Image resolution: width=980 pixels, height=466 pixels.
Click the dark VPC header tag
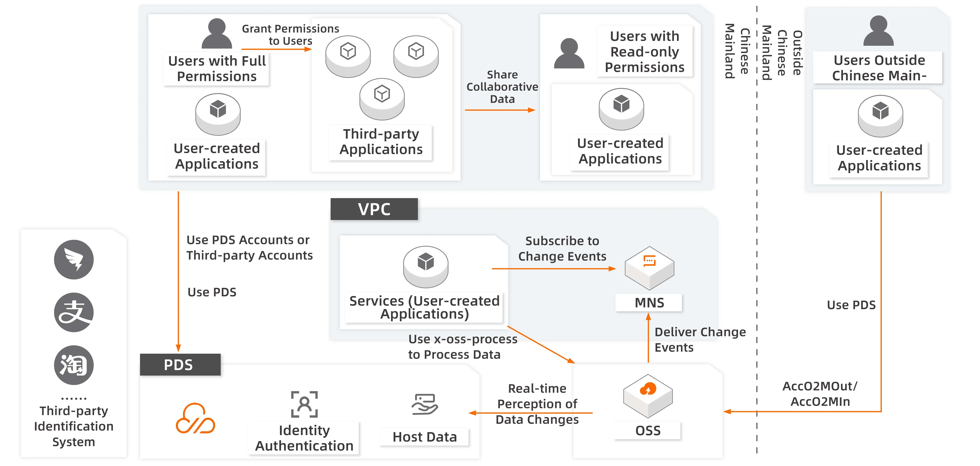pos(374,209)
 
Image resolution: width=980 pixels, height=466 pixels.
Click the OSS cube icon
pos(648,395)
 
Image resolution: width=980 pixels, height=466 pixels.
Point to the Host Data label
pos(425,437)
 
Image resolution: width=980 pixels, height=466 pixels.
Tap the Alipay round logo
pos(74,312)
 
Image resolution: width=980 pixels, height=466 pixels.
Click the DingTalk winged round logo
pos(74,259)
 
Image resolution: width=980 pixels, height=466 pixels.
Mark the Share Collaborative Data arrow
pos(499,110)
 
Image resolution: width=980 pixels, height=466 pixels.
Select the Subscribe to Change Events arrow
pos(554,269)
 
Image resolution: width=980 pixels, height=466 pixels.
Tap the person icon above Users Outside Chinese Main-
pos(878,31)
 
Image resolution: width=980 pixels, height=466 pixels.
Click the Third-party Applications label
pos(381,142)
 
